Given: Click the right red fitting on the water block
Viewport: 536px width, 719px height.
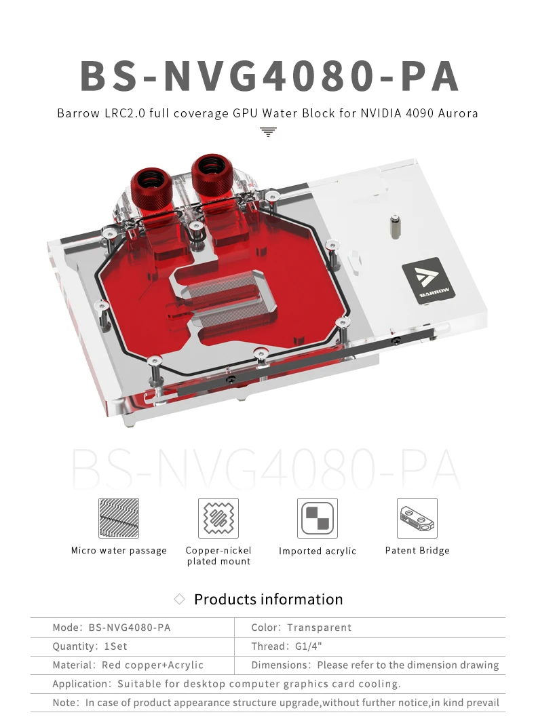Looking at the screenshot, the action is [x=211, y=176].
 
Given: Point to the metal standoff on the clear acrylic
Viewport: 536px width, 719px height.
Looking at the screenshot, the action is [x=395, y=226].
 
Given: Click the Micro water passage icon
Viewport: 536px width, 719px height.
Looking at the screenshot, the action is [x=118, y=518].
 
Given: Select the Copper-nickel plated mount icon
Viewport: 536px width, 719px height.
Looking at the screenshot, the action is [x=218, y=518].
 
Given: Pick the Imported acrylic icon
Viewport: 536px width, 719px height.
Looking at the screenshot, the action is [x=318, y=518].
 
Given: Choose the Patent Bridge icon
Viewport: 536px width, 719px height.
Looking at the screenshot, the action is [x=417, y=518].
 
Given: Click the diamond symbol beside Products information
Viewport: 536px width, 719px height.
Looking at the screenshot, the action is [x=179, y=600].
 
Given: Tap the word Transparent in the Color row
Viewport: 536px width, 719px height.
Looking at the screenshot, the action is [x=319, y=627].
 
